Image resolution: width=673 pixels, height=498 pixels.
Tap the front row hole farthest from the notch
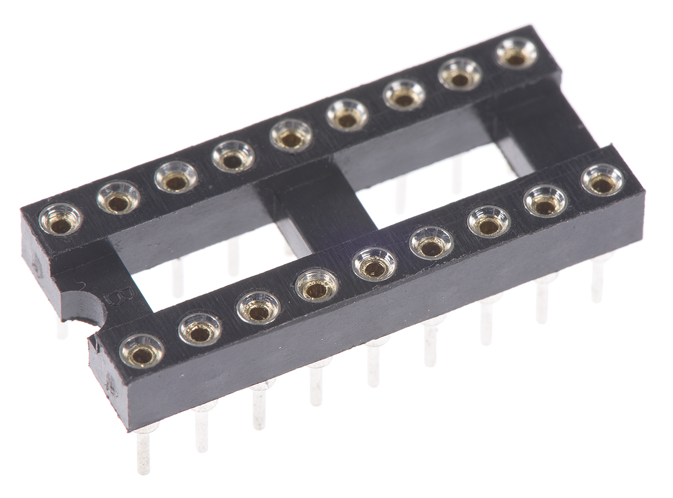[602, 181]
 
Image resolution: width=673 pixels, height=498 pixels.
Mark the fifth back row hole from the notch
[290, 137]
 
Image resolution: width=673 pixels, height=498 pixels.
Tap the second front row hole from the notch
[200, 331]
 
